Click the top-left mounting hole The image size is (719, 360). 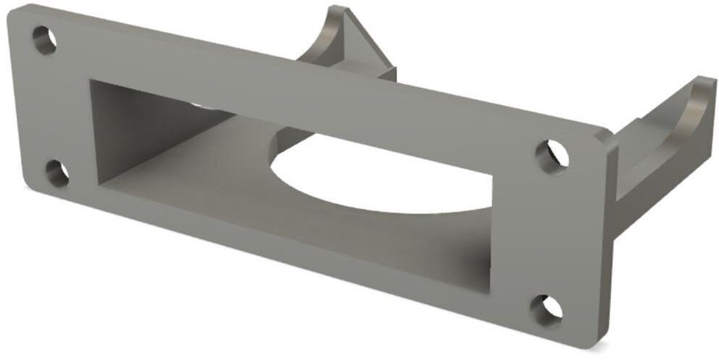pos(45,41)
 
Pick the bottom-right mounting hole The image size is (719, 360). pos(546,309)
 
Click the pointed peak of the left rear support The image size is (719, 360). pos(338,10)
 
